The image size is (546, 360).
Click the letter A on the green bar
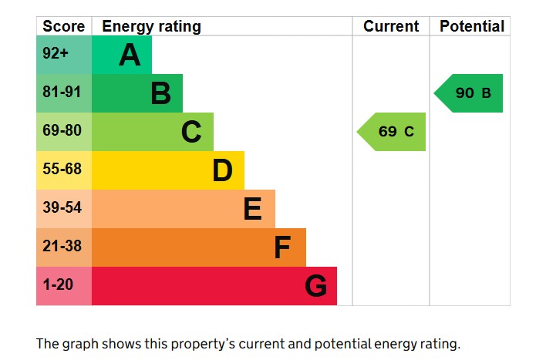pos(130,55)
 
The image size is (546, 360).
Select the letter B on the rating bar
pos(160,93)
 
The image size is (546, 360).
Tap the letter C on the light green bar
pos(191,132)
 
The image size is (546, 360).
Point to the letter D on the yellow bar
pos(222,170)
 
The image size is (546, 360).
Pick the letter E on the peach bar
pos(252,209)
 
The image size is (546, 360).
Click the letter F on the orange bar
pos(282,247)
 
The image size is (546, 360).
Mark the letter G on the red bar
pos(315,286)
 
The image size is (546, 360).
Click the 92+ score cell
pos(56,55)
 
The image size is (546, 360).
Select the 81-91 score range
pos(62,93)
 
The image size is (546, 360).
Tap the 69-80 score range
pos(62,132)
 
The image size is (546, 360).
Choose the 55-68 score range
pos(62,170)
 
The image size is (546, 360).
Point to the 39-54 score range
pos(62,209)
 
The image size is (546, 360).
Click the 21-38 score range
pos(62,247)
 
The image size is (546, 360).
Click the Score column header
pos(63,26)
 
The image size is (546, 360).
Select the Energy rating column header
pos(151,26)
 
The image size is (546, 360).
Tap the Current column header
pos(391,26)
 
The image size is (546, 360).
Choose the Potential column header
pos(471,26)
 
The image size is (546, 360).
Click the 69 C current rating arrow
pos(393,132)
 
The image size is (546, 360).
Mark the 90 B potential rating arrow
pos(470,93)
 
